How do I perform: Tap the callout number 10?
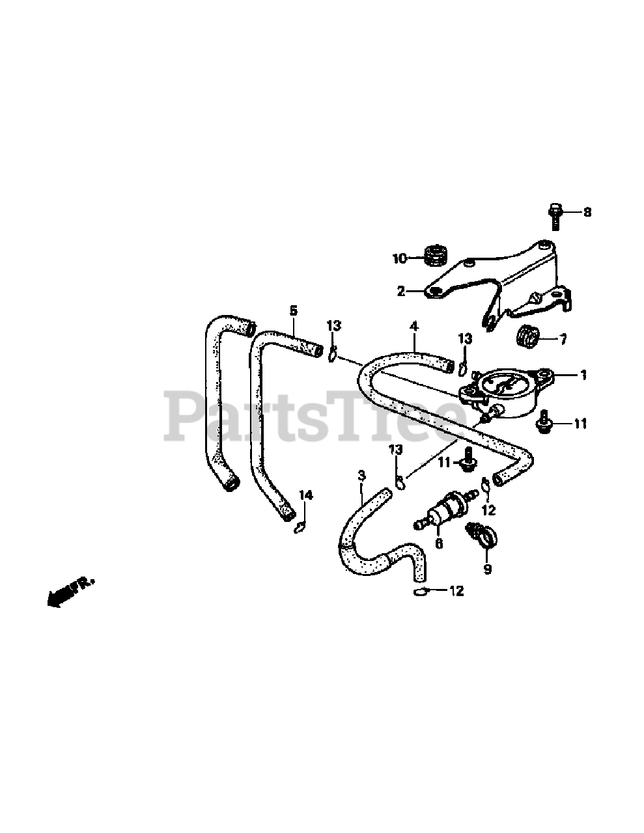tap(399, 258)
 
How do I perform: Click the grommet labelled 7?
tap(527, 337)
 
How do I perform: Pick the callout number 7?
tap(563, 339)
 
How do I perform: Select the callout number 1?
tap(583, 375)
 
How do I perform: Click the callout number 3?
tap(361, 476)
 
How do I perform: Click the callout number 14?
tap(305, 496)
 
